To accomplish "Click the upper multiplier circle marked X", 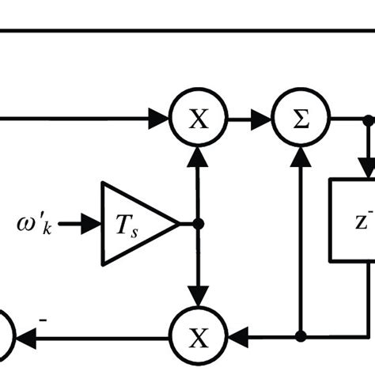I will [199, 120].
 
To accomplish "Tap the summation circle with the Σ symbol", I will [301, 120].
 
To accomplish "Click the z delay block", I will [353, 219].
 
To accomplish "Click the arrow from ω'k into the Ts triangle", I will [80, 224].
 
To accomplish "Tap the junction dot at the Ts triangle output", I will [199, 224].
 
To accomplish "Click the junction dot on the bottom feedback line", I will [301, 335].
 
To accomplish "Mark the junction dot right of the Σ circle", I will [368, 120].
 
